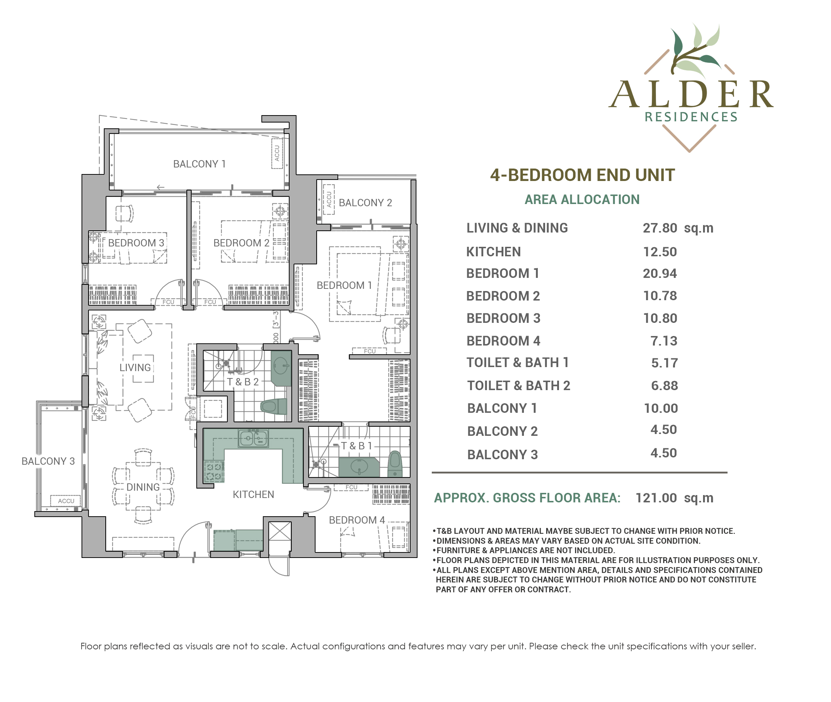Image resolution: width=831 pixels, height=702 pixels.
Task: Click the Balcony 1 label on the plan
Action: tap(199, 164)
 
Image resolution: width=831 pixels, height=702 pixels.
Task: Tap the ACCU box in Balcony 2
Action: tap(329, 199)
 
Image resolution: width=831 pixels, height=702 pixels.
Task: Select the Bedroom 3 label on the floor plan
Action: tap(136, 243)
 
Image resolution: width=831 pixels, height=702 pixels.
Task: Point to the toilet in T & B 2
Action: tap(274, 406)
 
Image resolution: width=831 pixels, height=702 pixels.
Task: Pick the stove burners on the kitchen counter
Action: tap(214, 472)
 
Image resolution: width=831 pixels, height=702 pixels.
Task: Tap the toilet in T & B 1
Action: tap(394, 464)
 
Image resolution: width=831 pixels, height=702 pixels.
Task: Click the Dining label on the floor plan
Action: tap(143, 487)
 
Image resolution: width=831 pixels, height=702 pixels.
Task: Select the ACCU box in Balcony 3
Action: tap(66, 501)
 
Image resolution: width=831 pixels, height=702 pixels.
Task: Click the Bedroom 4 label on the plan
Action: tap(357, 520)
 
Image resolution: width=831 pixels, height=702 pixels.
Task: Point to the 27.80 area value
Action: tap(660, 228)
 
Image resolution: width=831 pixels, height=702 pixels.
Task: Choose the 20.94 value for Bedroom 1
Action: tap(660, 273)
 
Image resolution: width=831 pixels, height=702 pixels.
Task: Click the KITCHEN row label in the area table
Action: tap(494, 252)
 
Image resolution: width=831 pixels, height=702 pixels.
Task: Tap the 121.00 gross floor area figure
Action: tap(656, 498)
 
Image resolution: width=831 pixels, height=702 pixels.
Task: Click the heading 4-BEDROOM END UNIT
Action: tap(582, 175)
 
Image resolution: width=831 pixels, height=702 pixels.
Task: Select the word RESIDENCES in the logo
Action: tap(691, 117)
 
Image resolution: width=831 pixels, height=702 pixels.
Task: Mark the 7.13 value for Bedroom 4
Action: tap(664, 341)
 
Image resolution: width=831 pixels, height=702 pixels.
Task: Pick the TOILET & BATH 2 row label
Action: tap(518, 386)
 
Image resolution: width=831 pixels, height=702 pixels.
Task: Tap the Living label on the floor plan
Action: tap(135, 367)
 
